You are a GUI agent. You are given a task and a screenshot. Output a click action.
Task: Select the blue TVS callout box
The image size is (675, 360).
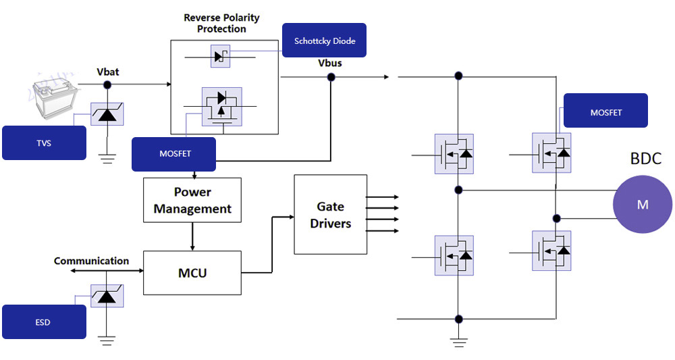[44, 143]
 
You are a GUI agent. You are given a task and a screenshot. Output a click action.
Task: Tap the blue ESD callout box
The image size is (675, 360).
[44, 322]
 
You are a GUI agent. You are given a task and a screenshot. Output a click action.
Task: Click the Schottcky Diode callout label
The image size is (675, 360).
[324, 41]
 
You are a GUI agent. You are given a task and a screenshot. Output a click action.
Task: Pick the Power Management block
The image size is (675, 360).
[192, 201]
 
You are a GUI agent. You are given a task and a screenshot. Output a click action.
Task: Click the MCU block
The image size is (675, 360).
[192, 273]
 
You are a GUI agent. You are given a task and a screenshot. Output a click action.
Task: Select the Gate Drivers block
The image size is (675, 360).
[331, 215]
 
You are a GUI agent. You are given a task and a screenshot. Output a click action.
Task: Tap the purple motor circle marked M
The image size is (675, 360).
[642, 204]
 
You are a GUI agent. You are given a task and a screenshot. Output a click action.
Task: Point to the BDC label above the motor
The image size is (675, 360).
[645, 159]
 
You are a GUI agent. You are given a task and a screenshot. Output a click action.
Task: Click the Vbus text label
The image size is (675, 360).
[330, 63]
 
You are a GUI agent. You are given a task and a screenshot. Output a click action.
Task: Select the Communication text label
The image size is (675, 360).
[91, 261]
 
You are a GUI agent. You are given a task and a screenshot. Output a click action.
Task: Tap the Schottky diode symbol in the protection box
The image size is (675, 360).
[220, 57]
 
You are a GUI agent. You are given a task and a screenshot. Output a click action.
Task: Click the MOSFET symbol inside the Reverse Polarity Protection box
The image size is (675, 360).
[221, 107]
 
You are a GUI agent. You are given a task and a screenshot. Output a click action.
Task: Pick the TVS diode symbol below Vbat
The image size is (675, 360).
[107, 113]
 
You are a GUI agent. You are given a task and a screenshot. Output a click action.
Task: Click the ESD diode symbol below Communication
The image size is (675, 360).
[107, 294]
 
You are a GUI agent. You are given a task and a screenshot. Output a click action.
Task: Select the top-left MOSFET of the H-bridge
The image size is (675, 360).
[454, 154]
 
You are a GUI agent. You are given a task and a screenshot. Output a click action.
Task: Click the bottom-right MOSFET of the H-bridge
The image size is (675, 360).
[551, 251]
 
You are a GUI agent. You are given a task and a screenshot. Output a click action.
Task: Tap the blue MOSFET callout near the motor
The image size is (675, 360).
[605, 111]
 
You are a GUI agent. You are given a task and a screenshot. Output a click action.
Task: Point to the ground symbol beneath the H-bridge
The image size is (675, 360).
[459, 341]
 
